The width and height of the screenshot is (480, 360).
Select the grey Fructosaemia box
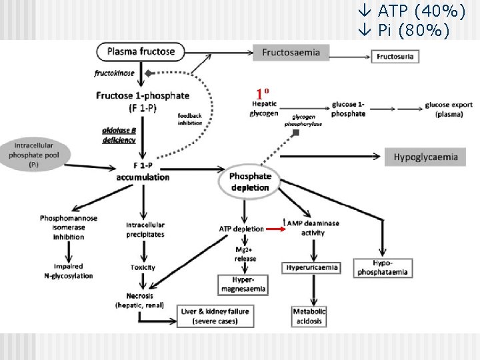(x=291, y=53)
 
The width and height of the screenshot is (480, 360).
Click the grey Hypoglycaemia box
(x=426, y=157)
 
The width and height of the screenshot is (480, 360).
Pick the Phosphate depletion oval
(x=250, y=181)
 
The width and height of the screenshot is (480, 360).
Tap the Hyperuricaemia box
(x=312, y=267)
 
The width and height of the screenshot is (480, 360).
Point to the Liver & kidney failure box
(x=215, y=316)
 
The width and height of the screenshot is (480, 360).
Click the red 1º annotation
(x=262, y=93)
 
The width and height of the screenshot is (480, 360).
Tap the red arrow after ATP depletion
(x=275, y=229)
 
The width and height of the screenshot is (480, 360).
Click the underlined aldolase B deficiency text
(x=119, y=135)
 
